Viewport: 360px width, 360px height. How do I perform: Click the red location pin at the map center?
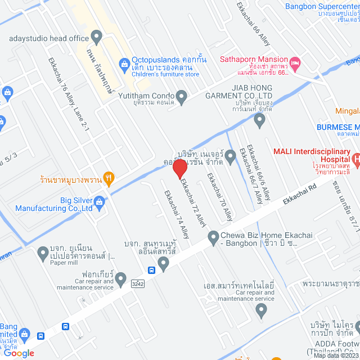pyautogui.click(x=179, y=168)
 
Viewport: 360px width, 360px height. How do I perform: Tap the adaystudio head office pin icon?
pyautogui.click(x=96, y=38)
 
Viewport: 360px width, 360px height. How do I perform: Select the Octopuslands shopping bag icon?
pyautogui.click(x=124, y=65)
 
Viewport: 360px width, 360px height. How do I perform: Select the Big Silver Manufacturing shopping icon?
pyautogui.click(x=100, y=201)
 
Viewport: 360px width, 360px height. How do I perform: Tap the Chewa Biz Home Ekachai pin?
pyautogui.click(x=214, y=238)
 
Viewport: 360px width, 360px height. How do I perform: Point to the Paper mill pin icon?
pyautogui.click(x=43, y=254)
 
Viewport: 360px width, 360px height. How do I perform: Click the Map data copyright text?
pyautogui.click(x=335, y=355)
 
